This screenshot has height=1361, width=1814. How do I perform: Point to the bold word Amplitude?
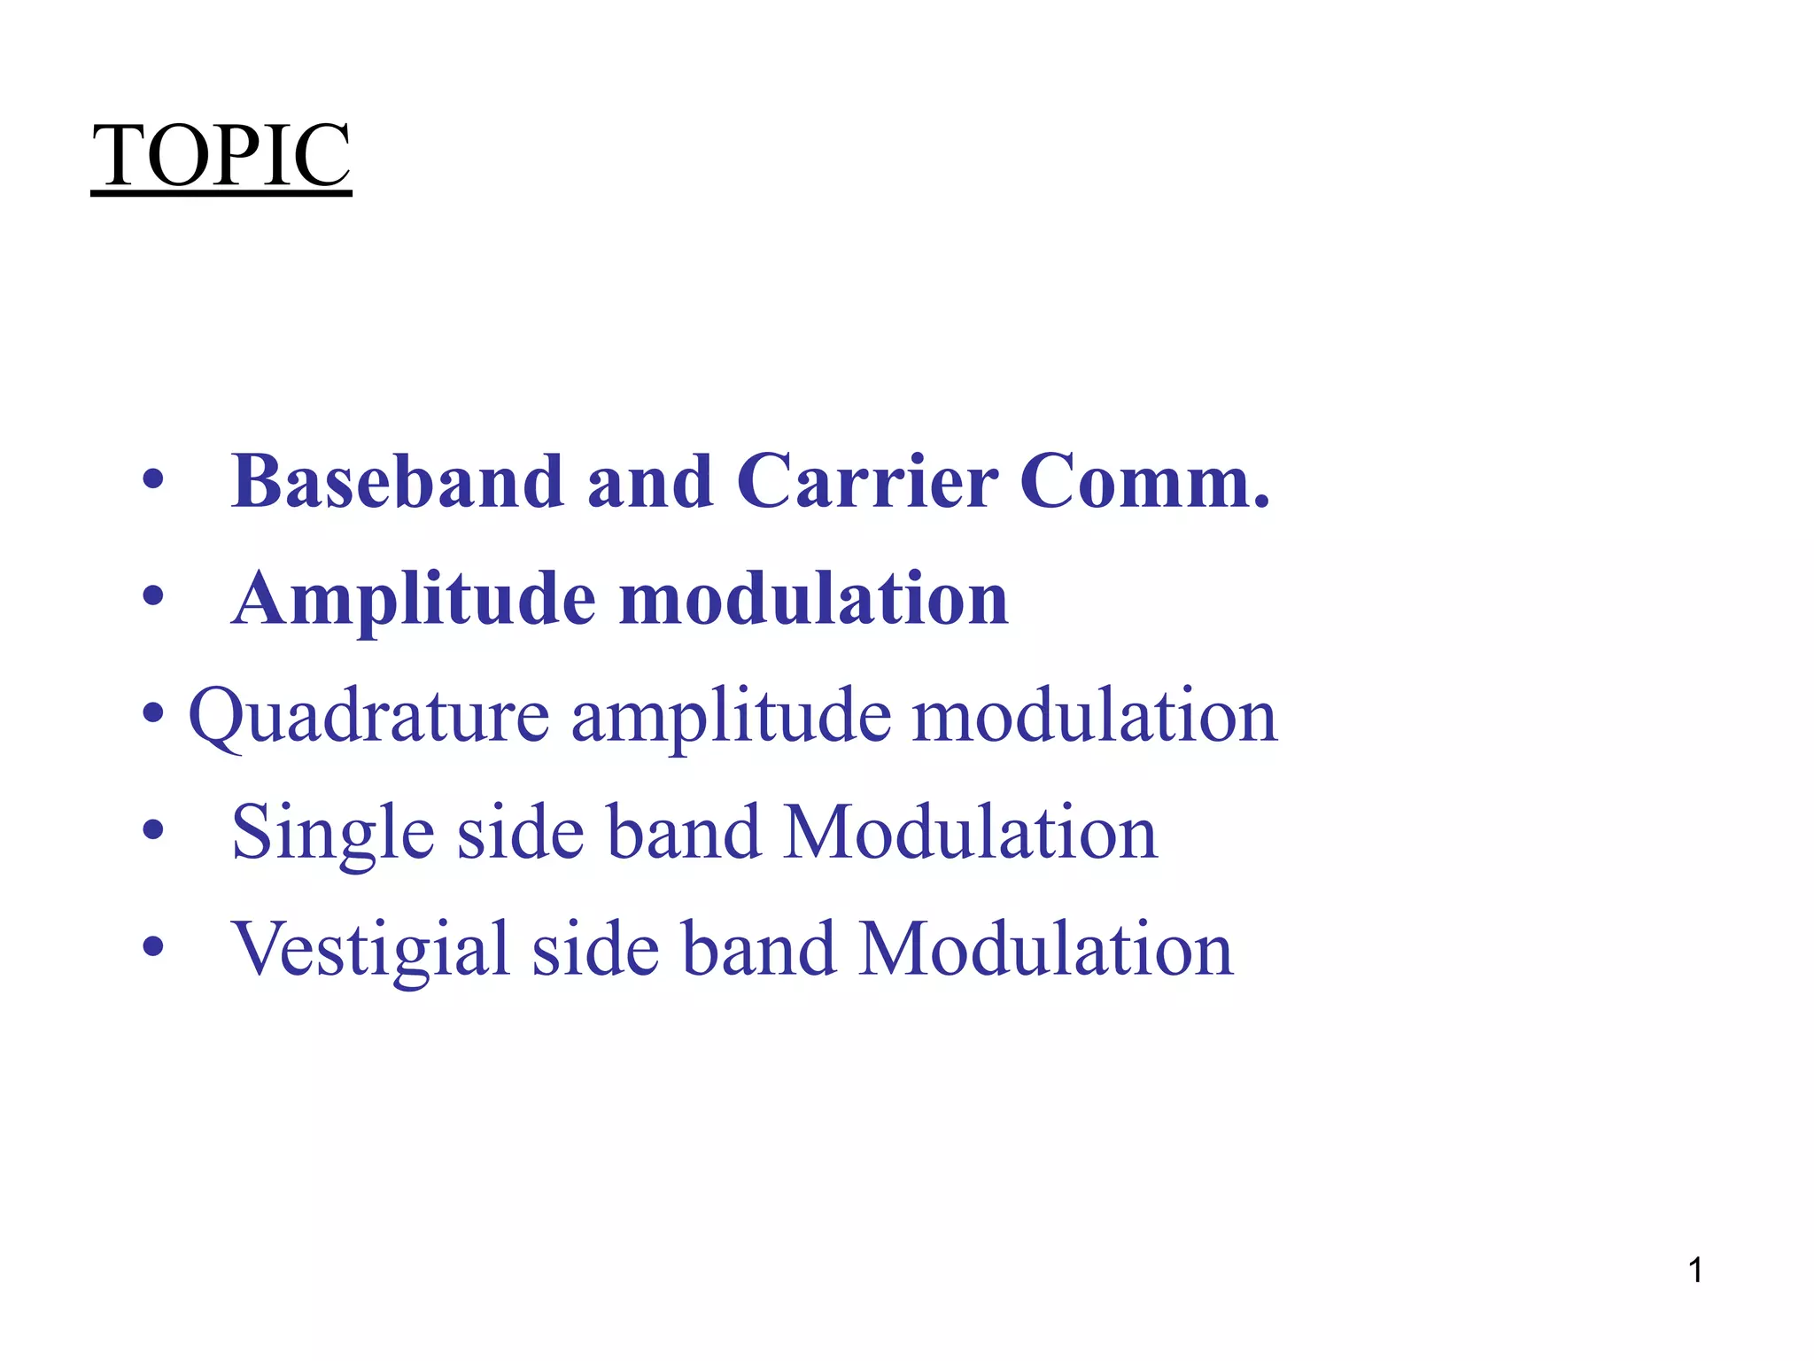[414, 601]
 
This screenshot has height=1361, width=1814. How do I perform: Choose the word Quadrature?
[369, 716]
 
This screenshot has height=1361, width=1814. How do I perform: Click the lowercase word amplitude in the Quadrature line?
[731, 716]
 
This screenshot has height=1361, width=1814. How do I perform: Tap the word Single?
[333, 833]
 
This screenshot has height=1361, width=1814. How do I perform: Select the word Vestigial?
[370, 950]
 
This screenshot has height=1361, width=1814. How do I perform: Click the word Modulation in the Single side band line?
[971, 833]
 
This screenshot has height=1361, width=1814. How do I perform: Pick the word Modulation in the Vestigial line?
[1046, 950]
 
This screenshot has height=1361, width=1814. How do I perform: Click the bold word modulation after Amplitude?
[813, 599]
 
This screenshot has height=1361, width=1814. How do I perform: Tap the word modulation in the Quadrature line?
[1095, 716]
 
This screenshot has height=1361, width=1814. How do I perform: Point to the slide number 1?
[1695, 1271]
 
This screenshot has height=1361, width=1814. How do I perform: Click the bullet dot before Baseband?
[153, 479]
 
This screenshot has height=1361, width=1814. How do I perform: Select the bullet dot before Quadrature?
[153, 712]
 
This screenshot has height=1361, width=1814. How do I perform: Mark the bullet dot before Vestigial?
[153, 946]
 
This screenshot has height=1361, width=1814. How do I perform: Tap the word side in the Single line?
[521, 833]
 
